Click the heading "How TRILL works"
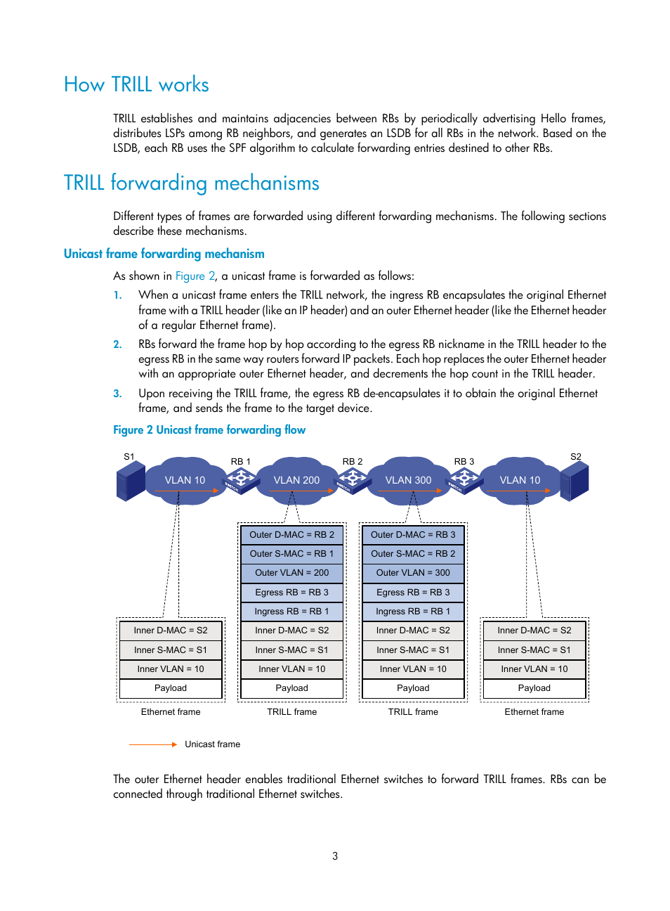(x=136, y=85)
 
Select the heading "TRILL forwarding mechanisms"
(x=191, y=183)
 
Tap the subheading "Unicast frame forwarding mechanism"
(x=164, y=254)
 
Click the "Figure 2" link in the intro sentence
(x=195, y=276)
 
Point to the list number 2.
(x=117, y=344)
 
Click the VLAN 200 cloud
(x=296, y=480)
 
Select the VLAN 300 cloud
(x=408, y=480)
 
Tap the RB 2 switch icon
(x=353, y=480)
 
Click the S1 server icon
(x=131, y=481)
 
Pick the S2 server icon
(x=574, y=481)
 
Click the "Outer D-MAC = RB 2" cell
(x=291, y=535)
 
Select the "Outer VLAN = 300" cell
(x=413, y=573)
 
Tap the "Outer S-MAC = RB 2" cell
(x=413, y=554)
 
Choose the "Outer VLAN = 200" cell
(x=291, y=573)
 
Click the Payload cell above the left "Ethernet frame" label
(x=171, y=688)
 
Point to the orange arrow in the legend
(x=153, y=744)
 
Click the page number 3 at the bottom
(x=335, y=856)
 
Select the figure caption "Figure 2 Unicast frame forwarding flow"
(x=209, y=430)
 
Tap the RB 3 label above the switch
(x=464, y=462)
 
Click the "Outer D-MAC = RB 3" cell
(x=413, y=535)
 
